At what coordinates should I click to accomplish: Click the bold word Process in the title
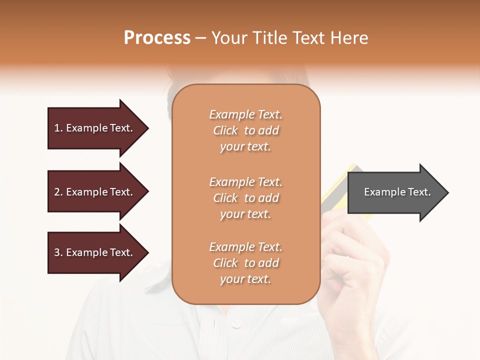[157, 38]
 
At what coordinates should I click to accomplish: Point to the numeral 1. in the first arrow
[58, 128]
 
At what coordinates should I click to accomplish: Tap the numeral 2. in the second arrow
[58, 192]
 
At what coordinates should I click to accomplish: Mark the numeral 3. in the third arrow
[58, 253]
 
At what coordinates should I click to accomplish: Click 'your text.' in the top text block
[245, 147]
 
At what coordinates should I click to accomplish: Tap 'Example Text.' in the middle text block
[245, 182]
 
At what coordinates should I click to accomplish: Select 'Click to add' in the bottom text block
[245, 263]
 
